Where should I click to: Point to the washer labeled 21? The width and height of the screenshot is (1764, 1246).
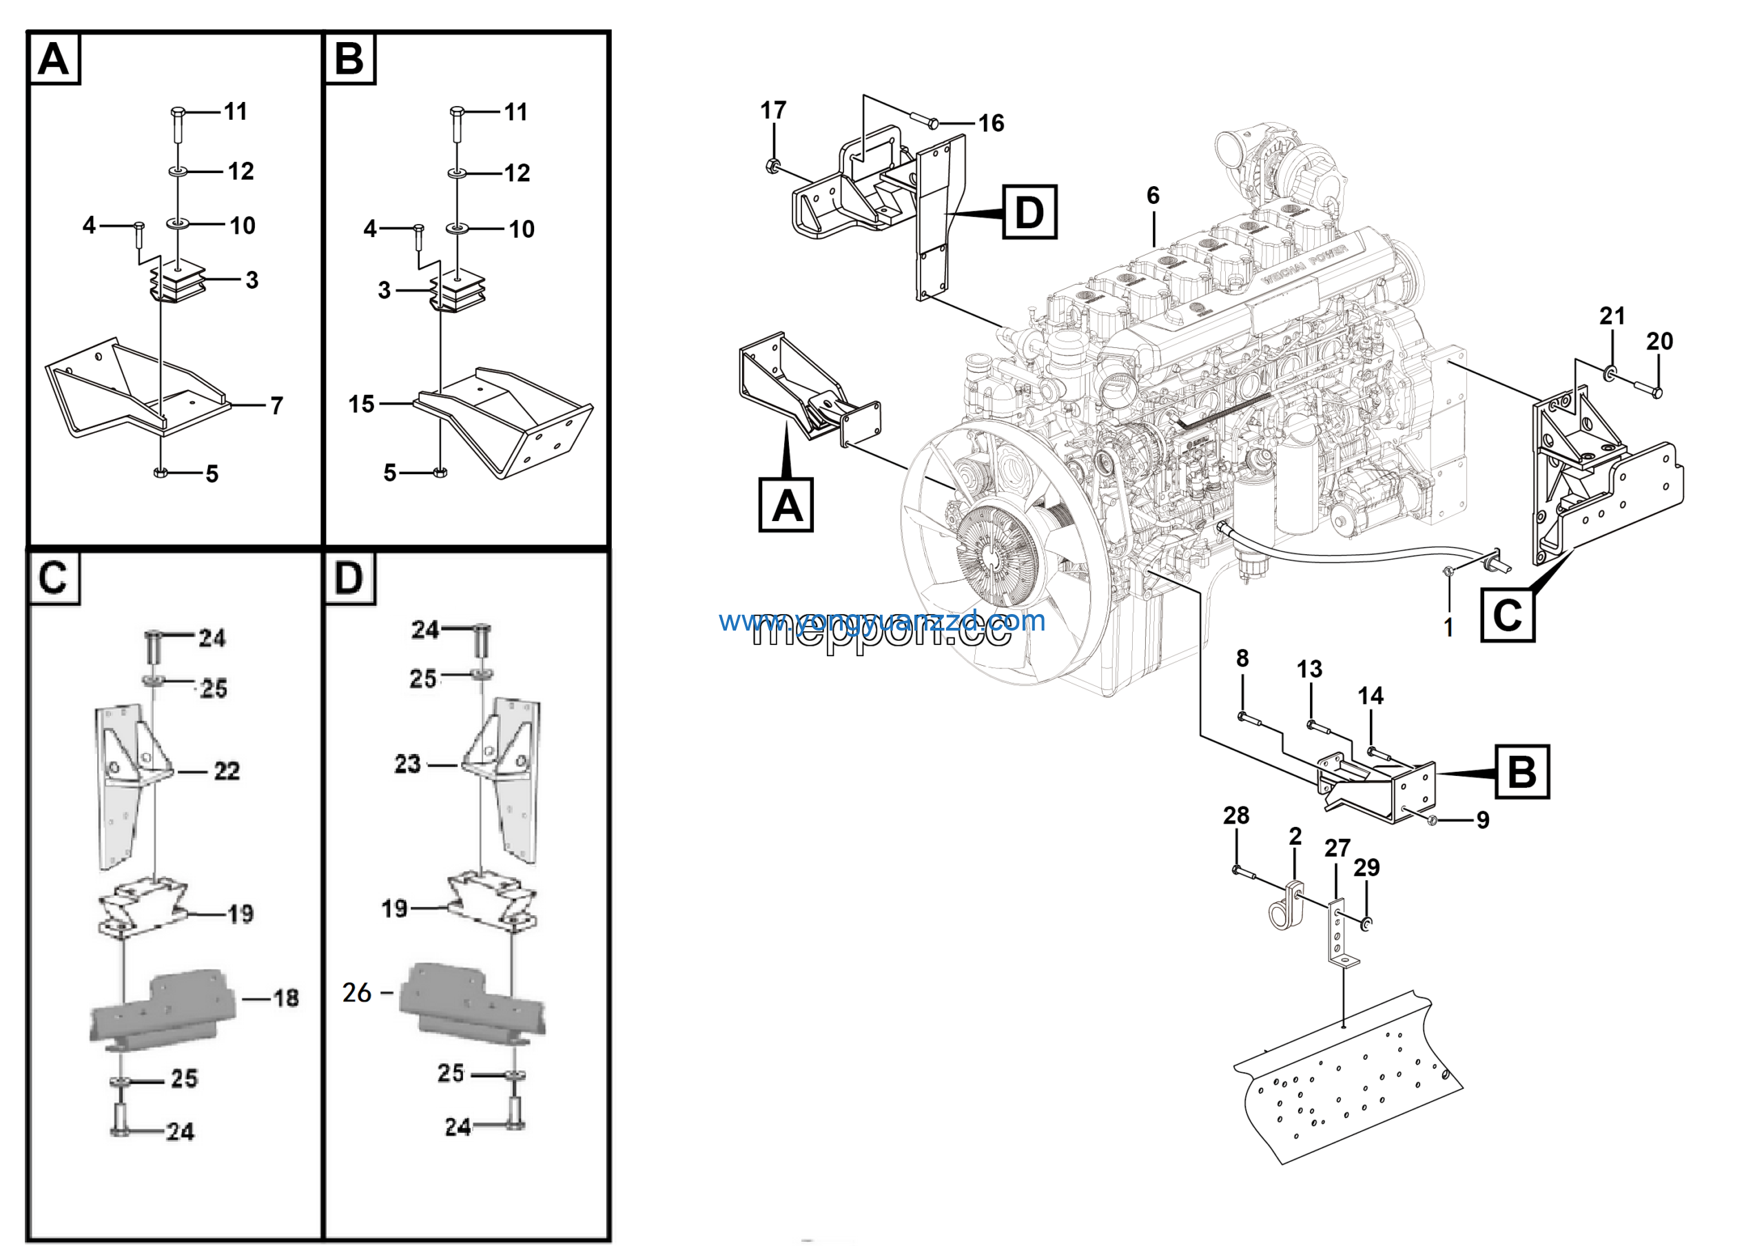[x=1610, y=374]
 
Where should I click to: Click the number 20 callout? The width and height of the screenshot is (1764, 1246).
[x=1659, y=341]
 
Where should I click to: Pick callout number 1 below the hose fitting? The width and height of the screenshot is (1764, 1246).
[x=1448, y=627]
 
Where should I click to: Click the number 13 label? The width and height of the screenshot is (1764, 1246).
[x=1309, y=669]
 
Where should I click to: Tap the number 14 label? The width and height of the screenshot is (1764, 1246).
[x=1370, y=696]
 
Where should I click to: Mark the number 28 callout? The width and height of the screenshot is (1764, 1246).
[x=1235, y=815]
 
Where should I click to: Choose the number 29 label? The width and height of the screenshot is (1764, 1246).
[x=1366, y=867]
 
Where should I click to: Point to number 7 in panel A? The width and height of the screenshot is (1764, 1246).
[x=276, y=406]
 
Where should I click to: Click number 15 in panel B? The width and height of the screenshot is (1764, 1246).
[x=361, y=404]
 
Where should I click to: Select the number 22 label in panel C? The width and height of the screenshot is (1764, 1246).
[x=227, y=770]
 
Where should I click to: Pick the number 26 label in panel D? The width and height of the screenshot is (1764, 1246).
[x=356, y=992]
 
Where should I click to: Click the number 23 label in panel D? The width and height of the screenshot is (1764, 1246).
[x=407, y=764]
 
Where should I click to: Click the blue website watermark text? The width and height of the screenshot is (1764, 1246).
[x=881, y=620]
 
